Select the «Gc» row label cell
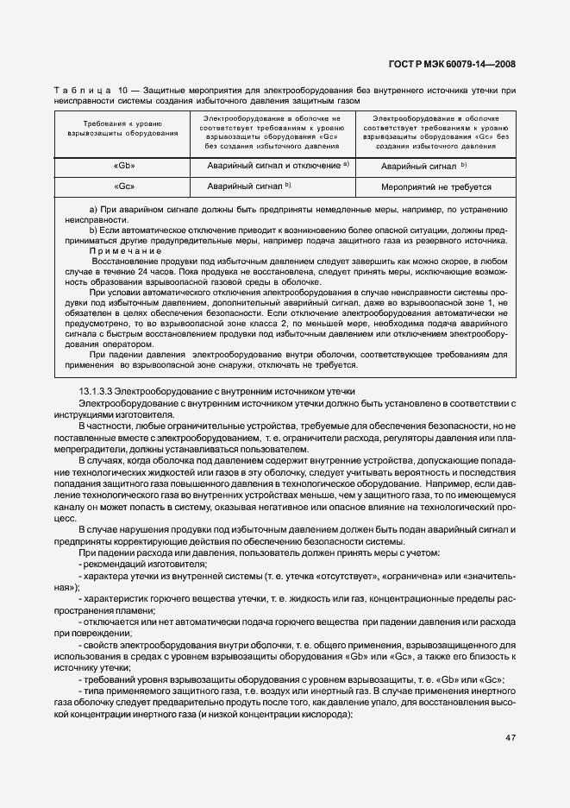tap(124, 186)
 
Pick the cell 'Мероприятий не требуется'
tap(435, 186)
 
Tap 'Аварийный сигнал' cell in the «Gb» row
tap(423, 165)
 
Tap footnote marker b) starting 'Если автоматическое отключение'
tap(94, 231)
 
